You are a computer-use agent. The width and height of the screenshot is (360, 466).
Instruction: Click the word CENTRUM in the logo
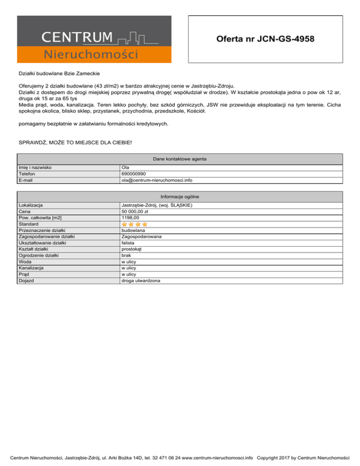pos(77,37)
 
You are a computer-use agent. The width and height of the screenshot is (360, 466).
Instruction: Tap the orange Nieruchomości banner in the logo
pos(91,55)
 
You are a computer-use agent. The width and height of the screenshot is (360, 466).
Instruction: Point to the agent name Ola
pos(125,167)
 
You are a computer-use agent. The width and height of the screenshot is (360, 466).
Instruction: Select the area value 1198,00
pos(130,218)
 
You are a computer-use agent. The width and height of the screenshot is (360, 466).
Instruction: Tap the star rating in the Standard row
pos(135,225)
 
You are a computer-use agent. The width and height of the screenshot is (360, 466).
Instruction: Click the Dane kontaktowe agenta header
pos(180,159)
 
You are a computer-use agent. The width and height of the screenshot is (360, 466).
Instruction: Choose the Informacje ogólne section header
pos(180,196)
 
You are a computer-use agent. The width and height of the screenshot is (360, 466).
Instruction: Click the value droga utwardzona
pos(141,280)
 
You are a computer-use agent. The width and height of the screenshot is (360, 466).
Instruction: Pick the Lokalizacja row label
pos(30,205)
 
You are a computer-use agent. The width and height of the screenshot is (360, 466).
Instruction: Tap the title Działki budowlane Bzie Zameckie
pos(59,74)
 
